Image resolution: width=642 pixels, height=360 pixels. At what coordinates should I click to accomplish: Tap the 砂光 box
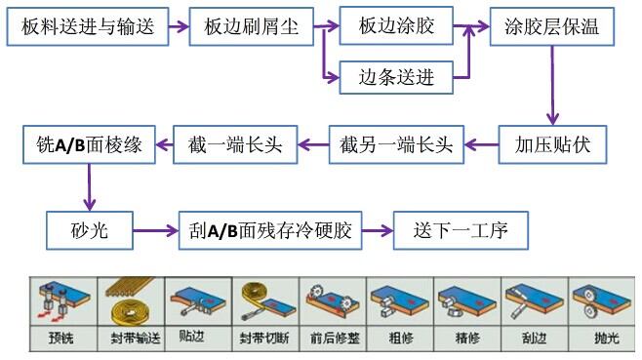click(x=88, y=231)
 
